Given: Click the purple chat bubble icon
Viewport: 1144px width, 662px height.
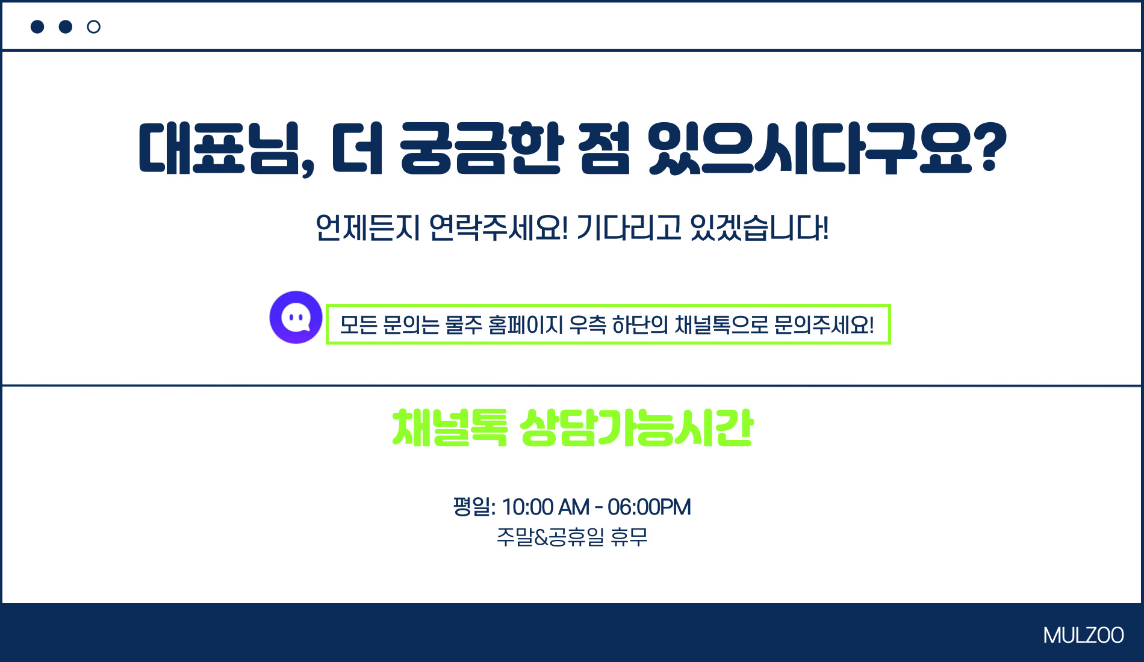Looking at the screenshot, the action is point(296,317).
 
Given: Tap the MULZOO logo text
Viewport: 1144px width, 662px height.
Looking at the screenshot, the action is point(1083,636).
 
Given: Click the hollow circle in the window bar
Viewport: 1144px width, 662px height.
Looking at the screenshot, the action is point(93,26).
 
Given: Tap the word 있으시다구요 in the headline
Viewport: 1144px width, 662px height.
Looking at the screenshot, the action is point(810,149).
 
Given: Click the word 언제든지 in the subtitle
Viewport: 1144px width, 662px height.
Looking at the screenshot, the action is point(367,227).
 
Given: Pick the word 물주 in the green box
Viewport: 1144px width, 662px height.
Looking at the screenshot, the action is point(464,325).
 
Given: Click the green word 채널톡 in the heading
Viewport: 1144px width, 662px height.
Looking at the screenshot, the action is point(450,428).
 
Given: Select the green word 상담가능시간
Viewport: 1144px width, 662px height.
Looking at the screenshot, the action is point(636,428).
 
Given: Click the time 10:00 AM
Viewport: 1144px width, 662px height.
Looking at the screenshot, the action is point(546,507).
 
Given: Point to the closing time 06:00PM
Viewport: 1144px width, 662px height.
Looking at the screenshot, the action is point(649,507).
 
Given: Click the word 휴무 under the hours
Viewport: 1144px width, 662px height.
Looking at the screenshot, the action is point(629,536).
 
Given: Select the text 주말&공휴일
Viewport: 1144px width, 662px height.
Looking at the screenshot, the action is point(550,536).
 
